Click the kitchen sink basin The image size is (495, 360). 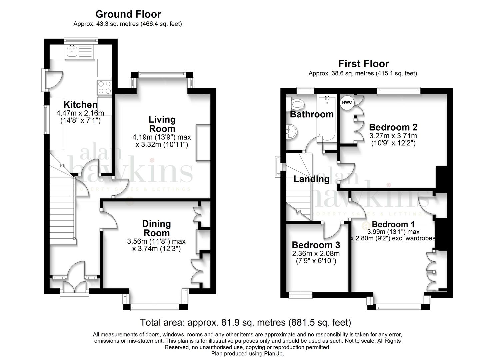(x=72, y=51)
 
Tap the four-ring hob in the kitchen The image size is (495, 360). (x=105, y=88)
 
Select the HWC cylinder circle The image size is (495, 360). (x=347, y=102)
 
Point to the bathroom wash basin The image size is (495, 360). (x=292, y=132)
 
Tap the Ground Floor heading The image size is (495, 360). (x=128, y=14)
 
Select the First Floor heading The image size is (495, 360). (x=364, y=64)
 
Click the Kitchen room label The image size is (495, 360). (x=80, y=105)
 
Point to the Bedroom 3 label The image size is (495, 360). (x=316, y=245)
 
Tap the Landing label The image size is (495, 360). (x=311, y=179)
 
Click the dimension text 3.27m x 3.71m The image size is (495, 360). (x=393, y=136)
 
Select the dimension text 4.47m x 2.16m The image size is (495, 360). (x=80, y=113)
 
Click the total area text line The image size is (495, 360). (x=246, y=322)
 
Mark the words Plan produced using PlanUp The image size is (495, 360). (x=247, y=354)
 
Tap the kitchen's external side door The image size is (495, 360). (x=53, y=80)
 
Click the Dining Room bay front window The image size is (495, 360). (x=155, y=307)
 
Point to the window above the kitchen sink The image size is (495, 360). (x=81, y=40)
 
